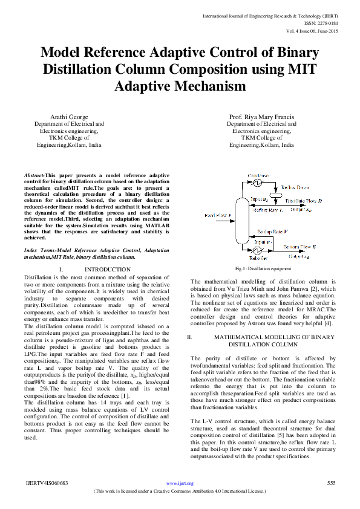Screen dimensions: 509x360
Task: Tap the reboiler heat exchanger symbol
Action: [x=257, y=250]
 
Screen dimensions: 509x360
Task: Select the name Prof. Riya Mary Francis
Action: [x=261, y=116]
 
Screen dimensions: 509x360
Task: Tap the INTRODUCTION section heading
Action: [x=107, y=269]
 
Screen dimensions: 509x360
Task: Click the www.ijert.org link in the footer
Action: [x=180, y=483]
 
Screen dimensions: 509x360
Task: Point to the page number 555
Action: [x=331, y=483]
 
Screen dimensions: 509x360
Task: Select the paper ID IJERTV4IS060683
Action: [x=47, y=483]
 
